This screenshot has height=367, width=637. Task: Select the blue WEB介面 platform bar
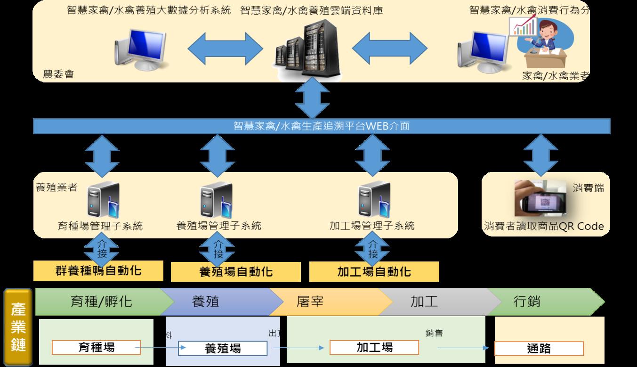[322, 126]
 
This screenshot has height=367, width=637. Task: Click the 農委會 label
[58, 74]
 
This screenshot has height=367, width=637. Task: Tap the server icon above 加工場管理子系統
[372, 200]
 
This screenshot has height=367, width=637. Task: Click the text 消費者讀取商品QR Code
[544, 226]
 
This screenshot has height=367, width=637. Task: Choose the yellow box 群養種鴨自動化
[98, 271]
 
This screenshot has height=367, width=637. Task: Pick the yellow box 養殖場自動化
[235, 272]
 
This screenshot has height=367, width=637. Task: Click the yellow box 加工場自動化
[374, 271]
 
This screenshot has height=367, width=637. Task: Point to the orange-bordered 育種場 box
[96, 348]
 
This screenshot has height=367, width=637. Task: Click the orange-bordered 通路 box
[539, 349]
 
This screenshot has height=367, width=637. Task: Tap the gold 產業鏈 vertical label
[18, 327]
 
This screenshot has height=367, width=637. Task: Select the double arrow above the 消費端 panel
[540, 154]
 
